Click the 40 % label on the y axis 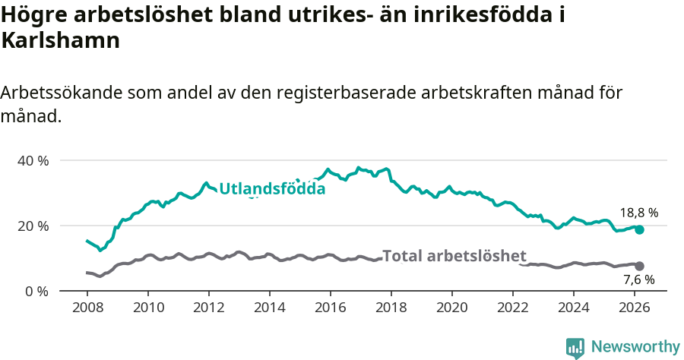pyautogui.click(x=33, y=161)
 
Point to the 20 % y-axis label pyautogui.click(x=33, y=226)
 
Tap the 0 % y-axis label pyautogui.click(x=36, y=292)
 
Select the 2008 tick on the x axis pyautogui.click(x=87, y=308)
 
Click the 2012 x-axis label pyautogui.click(x=208, y=308)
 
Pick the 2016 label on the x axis pyautogui.click(x=330, y=308)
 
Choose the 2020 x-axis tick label pyautogui.click(x=451, y=308)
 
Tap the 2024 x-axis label pyautogui.click(x=573, y=308)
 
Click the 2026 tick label pyautogui.click(x=634, y=308)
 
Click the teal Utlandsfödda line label pyautogui.click(x=272, y=189)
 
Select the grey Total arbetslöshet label pyautogui.click(x=454, y=256)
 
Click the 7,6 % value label pyautogui.click(x=638, y=279)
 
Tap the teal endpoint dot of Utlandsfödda pyautogui.click(x=639, y=229)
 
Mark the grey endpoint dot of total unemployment pyautogui.click(x=639, y=266)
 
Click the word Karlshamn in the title pyautogui.click(x=61, y=41)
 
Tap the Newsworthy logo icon pyautogui.click(x=575, y=348)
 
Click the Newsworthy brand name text pyautogui.click(x=635, y=347)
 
